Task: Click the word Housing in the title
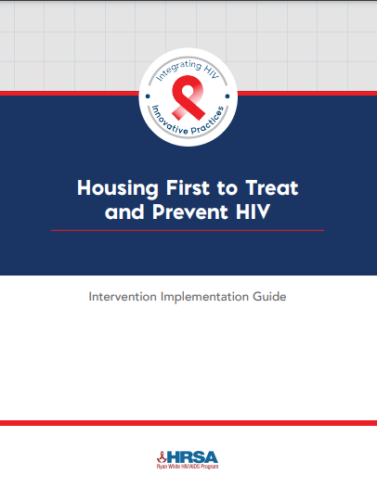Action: click(118, 188)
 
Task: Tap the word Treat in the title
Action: click(272, 187)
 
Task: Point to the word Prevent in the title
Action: click(190, 212)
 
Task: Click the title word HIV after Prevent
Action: click(253, 212)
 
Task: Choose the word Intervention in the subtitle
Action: click(123, 296)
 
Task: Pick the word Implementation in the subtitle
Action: click(204, 297)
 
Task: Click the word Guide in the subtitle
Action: click(269, 296)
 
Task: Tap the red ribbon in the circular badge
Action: click(188, 97)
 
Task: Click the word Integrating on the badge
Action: click(178, 70)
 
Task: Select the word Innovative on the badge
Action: click(170, 121)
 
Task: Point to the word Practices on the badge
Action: click(207, 121)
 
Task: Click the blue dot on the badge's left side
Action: click(148, 96)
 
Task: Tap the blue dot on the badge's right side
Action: click(227, 96)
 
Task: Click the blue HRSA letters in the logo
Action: click(192, 457)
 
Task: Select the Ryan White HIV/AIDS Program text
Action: click(188, 467)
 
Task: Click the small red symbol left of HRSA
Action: click(162, 456)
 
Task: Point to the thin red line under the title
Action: click(188, 230)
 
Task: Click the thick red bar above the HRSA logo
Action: click(188, 423)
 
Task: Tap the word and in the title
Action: click(124, 212)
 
